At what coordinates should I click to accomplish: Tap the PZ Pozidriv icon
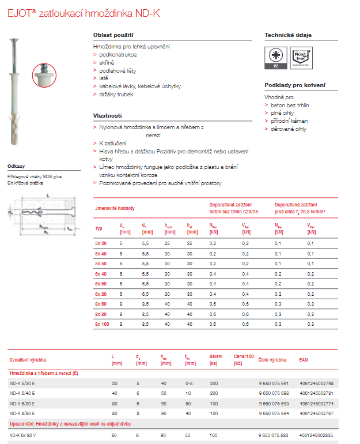coord(275,58)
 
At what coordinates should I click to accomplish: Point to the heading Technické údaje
coord(288,35)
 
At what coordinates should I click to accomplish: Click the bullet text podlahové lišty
coord(122,70)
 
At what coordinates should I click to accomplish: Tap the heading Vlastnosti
coord(108,115)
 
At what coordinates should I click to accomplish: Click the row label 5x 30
coord(101,244)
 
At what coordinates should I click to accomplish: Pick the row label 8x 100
coord(102,324)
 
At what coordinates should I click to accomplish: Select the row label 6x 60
coord(101,284)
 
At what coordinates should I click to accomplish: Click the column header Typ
coord(98,228)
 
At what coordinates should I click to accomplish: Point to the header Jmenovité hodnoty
coord(115,208)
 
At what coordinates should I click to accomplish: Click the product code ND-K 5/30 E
coord(23,383)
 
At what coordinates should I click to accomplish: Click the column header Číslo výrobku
coord(272,359)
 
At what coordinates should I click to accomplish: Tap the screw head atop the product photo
coord(13,39)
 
